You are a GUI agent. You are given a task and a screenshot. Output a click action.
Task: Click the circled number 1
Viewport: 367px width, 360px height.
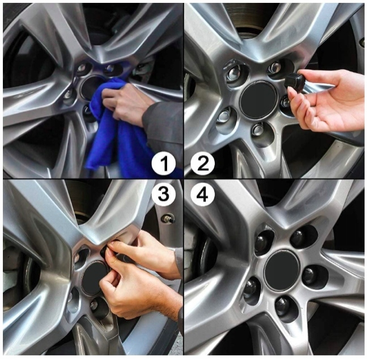[x=163, y=164]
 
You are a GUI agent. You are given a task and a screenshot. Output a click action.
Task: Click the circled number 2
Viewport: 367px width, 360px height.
[x=203, y=164]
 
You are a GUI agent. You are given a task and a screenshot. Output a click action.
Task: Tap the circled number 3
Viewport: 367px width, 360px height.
[x=163, y=193]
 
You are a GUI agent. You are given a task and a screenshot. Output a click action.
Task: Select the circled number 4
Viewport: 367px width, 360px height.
[x=203, y=193]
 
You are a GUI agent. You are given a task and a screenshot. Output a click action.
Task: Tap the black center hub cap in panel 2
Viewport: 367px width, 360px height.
[x=259, y=99]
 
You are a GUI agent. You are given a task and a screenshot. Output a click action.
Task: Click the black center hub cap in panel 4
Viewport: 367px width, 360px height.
[x=282, y=268]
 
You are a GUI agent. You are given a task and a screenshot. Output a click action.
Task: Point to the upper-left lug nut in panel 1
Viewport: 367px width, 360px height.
[x=82, y=68]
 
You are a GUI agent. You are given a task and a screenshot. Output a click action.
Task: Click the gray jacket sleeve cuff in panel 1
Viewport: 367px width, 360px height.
[x=150, y=117]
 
